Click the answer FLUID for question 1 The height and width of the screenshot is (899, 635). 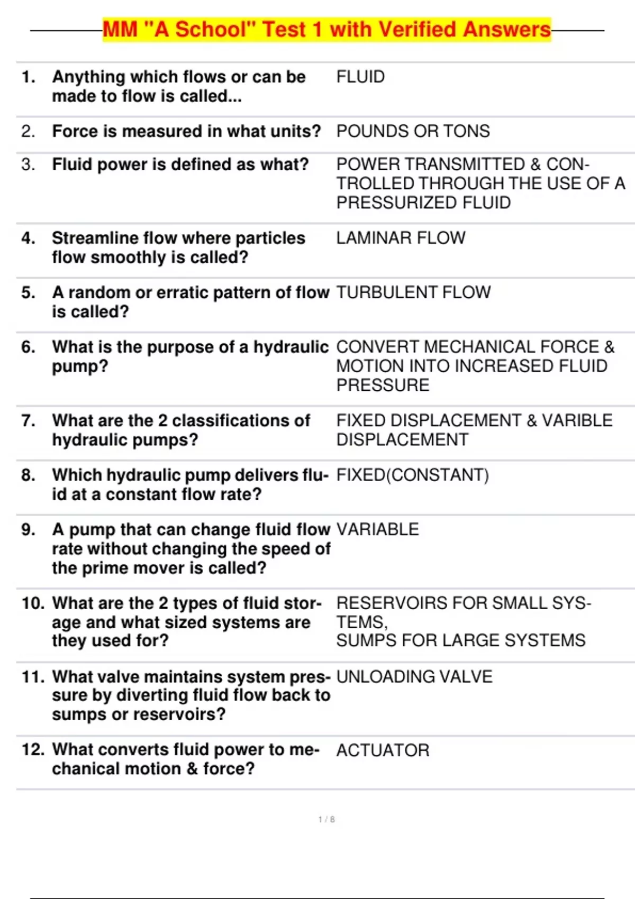click(x=360, y=77)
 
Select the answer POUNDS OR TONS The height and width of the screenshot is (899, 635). click(x=413, y=131)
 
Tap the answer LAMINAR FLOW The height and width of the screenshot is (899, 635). click(x=401, y=238)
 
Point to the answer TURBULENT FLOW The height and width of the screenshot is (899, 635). click(x=413, y=292)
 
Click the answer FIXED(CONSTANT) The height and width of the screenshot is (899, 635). click(x=412, y=475)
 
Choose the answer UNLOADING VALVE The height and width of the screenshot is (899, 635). click(x=414, y=676)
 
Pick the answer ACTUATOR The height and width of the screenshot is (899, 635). click(x=383, y=750)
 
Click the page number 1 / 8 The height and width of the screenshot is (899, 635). click(x=326, y=819)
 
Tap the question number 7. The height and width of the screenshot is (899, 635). click(x=28, y=420)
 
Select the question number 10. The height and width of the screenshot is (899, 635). click(x=33, y=603)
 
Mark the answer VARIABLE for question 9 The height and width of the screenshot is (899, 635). click(x=377, y=529)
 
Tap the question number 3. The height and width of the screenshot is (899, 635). click(x=28, y=164)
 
